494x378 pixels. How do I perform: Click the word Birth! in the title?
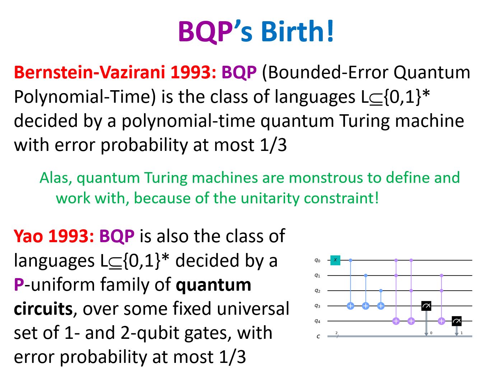point(297,31)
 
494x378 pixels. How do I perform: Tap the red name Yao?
point(28,236)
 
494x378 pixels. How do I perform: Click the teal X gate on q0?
point(335,260)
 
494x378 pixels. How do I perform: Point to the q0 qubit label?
point(317,261)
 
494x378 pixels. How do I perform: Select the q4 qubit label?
point(317,321)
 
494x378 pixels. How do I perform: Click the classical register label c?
point(318,336)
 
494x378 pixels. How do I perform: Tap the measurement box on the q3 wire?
point(426,306)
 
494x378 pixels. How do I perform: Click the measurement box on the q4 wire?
point(457,321)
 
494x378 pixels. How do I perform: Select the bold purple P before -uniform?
point(19,285)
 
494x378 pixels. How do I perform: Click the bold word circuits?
point(43,309)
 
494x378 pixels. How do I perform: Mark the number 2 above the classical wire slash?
point(336,333)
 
